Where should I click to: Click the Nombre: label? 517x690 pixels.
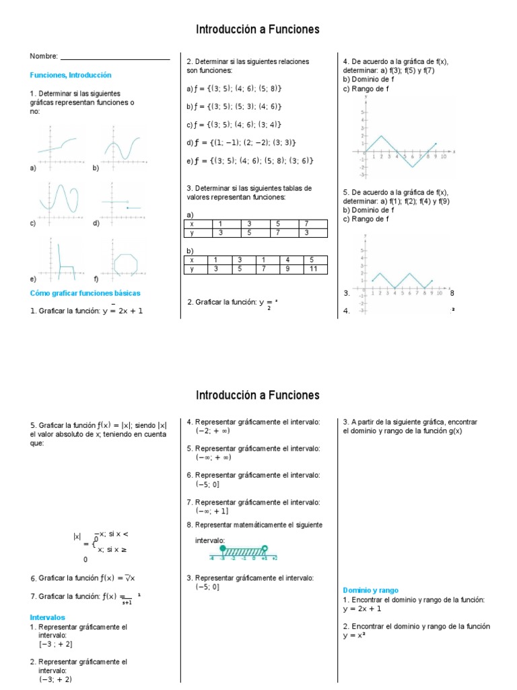coord(44,57)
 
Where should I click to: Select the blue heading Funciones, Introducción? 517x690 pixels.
coord(71,75)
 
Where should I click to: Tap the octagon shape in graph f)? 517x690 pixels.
coord(126,263)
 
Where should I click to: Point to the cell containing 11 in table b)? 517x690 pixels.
coord(311,269)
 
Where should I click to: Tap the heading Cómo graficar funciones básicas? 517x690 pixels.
coord(85,293)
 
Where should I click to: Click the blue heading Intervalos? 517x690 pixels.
coord(47,617)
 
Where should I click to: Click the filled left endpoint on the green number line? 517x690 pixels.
coord(223,548)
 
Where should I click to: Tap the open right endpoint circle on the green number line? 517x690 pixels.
coord(265,548)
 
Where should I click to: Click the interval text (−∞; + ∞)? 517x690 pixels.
coord(213,457)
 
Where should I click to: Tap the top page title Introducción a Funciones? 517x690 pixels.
coord(258,29)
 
